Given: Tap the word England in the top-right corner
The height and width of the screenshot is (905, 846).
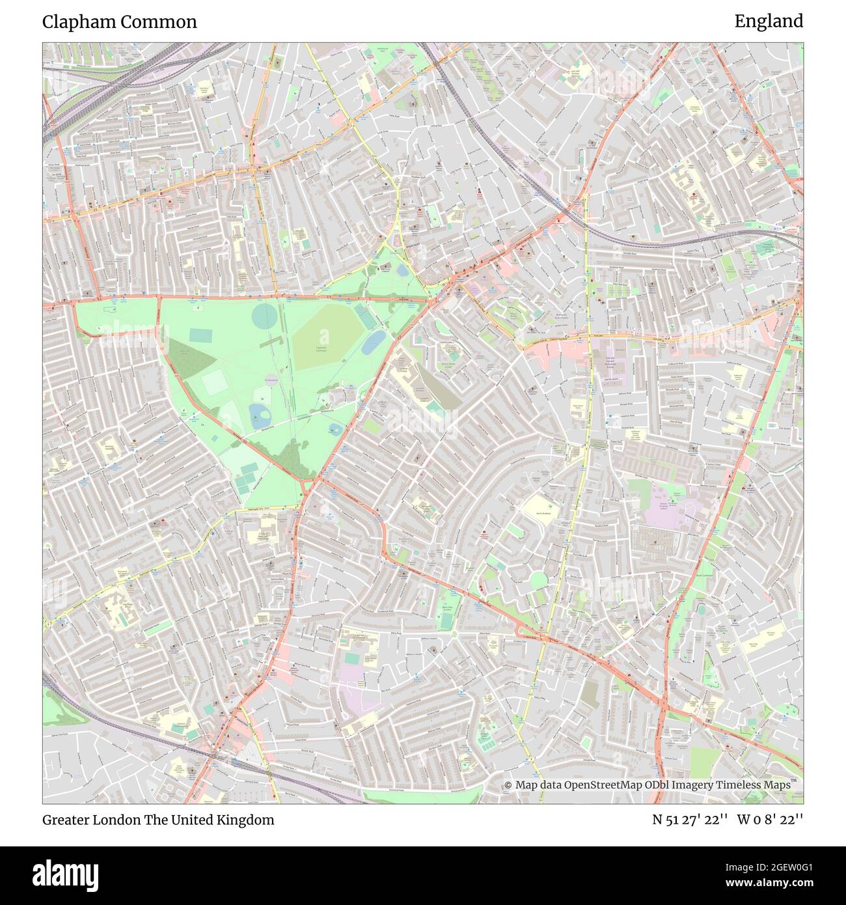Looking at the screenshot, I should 769,21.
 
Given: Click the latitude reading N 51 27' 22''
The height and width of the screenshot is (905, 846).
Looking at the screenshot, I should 689,820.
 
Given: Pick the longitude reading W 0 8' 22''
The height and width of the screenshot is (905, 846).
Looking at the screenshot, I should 770,820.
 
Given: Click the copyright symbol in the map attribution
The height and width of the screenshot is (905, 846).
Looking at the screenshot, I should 508,785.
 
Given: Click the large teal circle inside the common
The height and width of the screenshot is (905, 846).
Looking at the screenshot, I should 264,316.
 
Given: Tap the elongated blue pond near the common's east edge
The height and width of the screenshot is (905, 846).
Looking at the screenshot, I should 373,341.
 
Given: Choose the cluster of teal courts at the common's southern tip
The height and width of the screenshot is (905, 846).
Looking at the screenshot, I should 245,480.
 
